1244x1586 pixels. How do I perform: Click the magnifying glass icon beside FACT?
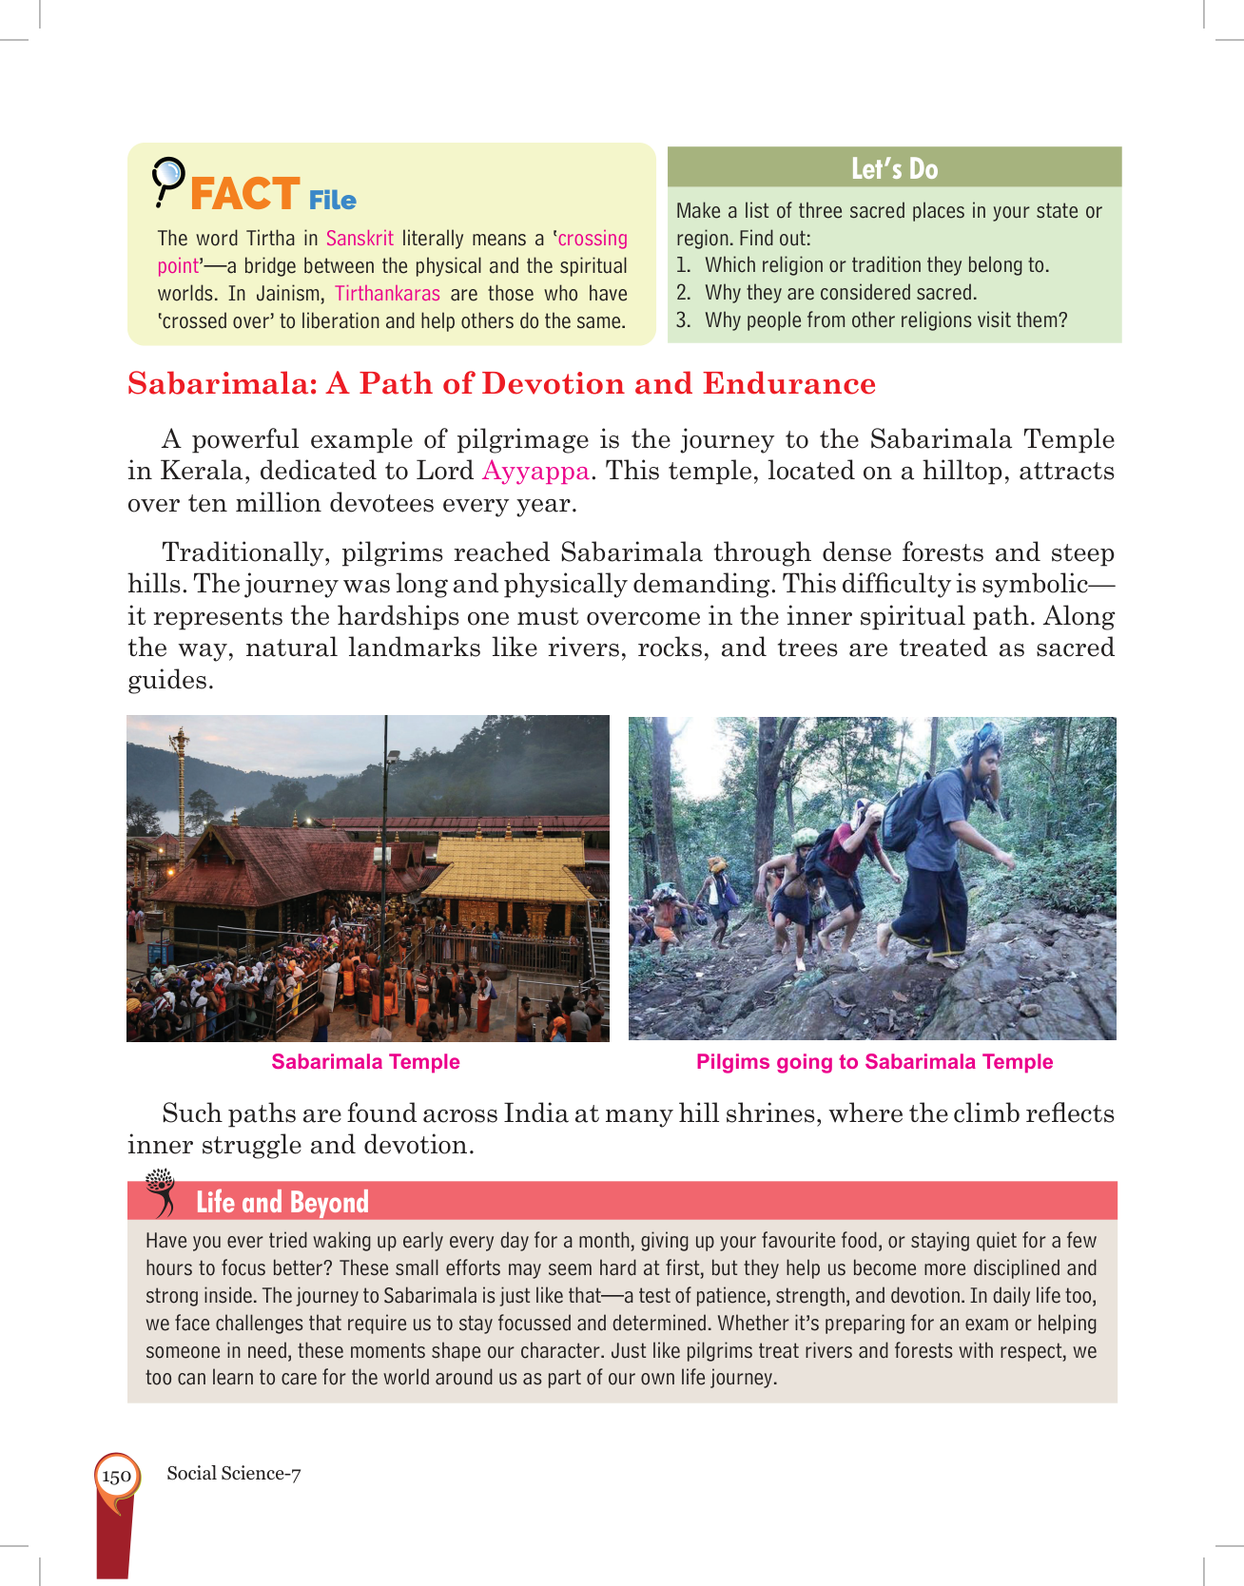167,181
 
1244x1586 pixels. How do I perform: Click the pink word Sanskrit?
360,239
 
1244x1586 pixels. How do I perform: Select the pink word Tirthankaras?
387,294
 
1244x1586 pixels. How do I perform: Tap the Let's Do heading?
894,168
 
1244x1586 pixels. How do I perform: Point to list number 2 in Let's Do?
683,293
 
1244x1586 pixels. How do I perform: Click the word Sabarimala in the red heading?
222,383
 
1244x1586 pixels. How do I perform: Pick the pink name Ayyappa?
535,471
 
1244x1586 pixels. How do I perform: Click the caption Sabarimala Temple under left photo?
365,1062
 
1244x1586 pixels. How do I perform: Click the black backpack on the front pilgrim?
908,809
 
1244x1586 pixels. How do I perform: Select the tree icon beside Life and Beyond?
162,1192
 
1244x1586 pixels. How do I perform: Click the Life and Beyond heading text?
282,1203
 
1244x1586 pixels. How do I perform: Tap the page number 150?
116,1477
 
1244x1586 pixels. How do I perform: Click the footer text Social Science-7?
234,1474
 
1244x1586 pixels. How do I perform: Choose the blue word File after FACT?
332,201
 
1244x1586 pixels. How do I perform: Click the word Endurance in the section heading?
788,383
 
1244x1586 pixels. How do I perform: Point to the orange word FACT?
245,194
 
